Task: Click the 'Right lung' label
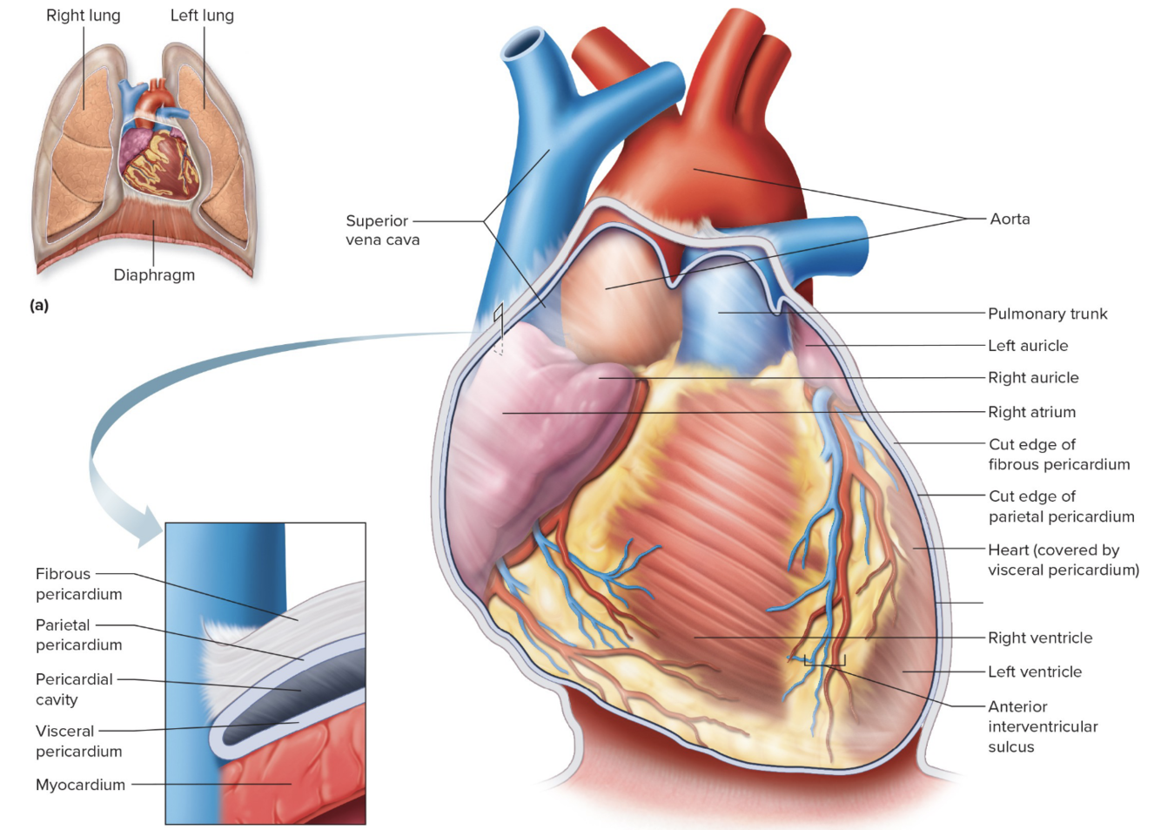point(84,16)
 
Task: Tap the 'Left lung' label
point(202,16)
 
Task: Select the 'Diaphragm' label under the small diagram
point(154,275)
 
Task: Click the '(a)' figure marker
point(39,305)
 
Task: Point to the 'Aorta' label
point(1010,219)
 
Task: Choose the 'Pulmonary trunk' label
point(1047,314)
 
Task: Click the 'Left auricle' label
point(1028,346)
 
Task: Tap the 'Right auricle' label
point(1033,378)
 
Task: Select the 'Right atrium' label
point(1031,412)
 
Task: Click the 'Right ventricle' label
point(1040,638)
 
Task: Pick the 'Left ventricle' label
point(1035,671)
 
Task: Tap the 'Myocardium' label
point(80,785)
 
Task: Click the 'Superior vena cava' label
point(382,230)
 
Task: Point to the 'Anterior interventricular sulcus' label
point(1043,726)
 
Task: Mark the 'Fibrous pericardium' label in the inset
point(78,584)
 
